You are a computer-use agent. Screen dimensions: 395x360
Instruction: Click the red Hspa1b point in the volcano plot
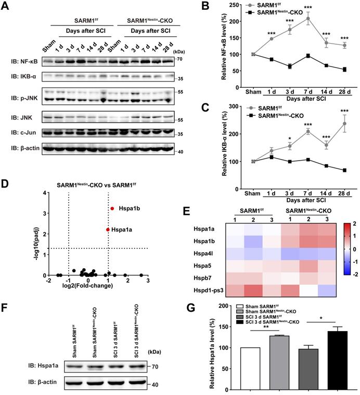[x=112, y=208]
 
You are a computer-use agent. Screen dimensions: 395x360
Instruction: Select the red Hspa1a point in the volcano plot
[x=107, y=229]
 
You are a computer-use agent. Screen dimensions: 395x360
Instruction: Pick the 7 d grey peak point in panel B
[x=308, y=18]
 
